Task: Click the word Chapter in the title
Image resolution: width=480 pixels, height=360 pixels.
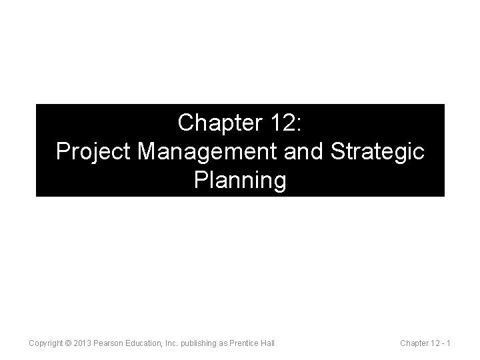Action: (x=222, y=123)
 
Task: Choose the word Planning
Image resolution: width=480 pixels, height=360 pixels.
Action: (x=240, y=180)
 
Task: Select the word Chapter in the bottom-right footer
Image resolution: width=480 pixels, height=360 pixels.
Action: (x=414, y=343)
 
